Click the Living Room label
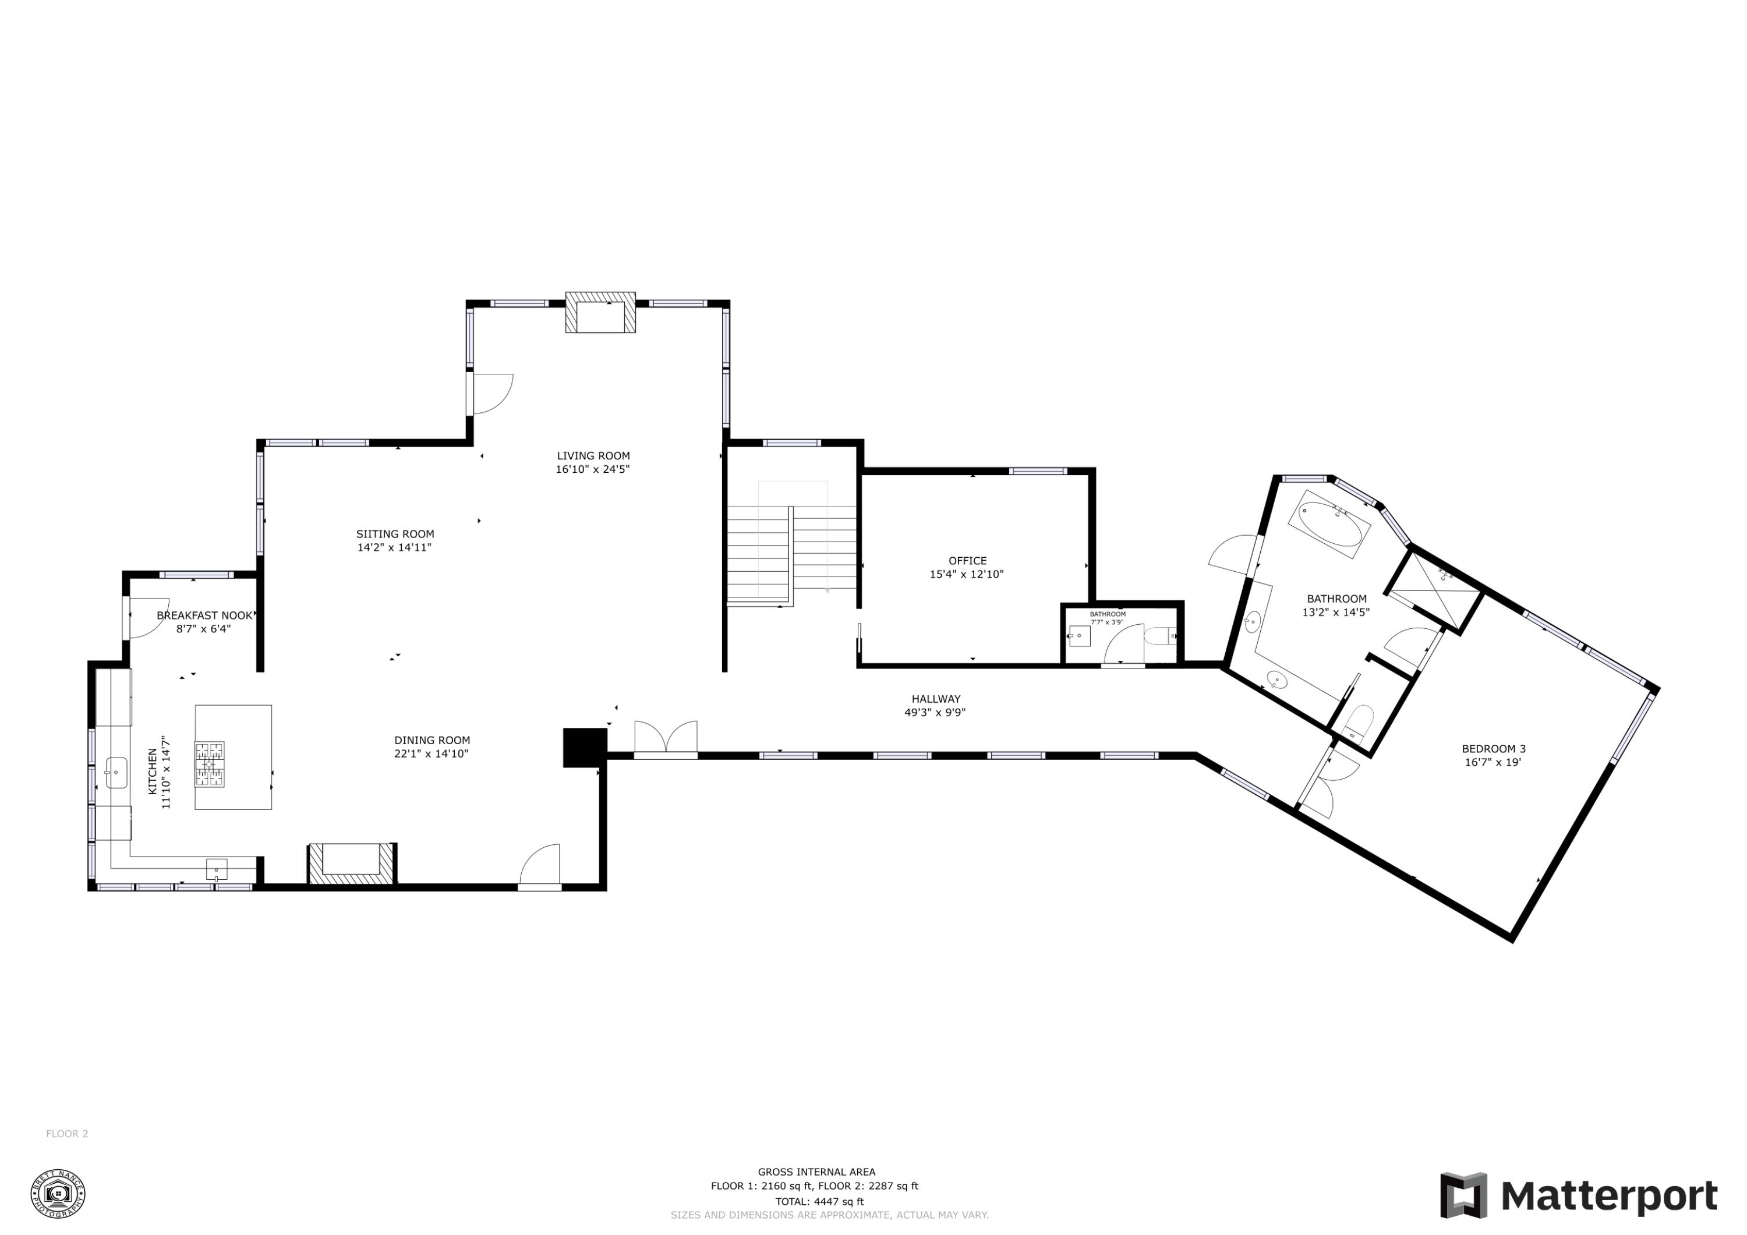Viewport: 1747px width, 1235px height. point(593,456)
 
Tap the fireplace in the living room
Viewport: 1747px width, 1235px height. point(600,313)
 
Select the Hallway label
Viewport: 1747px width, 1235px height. point(936,699)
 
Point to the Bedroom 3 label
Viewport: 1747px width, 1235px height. point(1494,749)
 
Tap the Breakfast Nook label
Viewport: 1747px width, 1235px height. point(204,615)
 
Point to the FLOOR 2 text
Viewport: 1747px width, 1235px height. point(67,1134)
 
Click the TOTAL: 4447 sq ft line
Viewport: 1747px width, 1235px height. point(819,1201)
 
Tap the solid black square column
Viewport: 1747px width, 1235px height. point(583,747)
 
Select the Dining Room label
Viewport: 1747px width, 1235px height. point(432,739)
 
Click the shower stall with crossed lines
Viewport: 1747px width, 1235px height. point(1434,590)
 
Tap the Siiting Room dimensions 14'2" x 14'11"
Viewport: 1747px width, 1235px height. point(394,547)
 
